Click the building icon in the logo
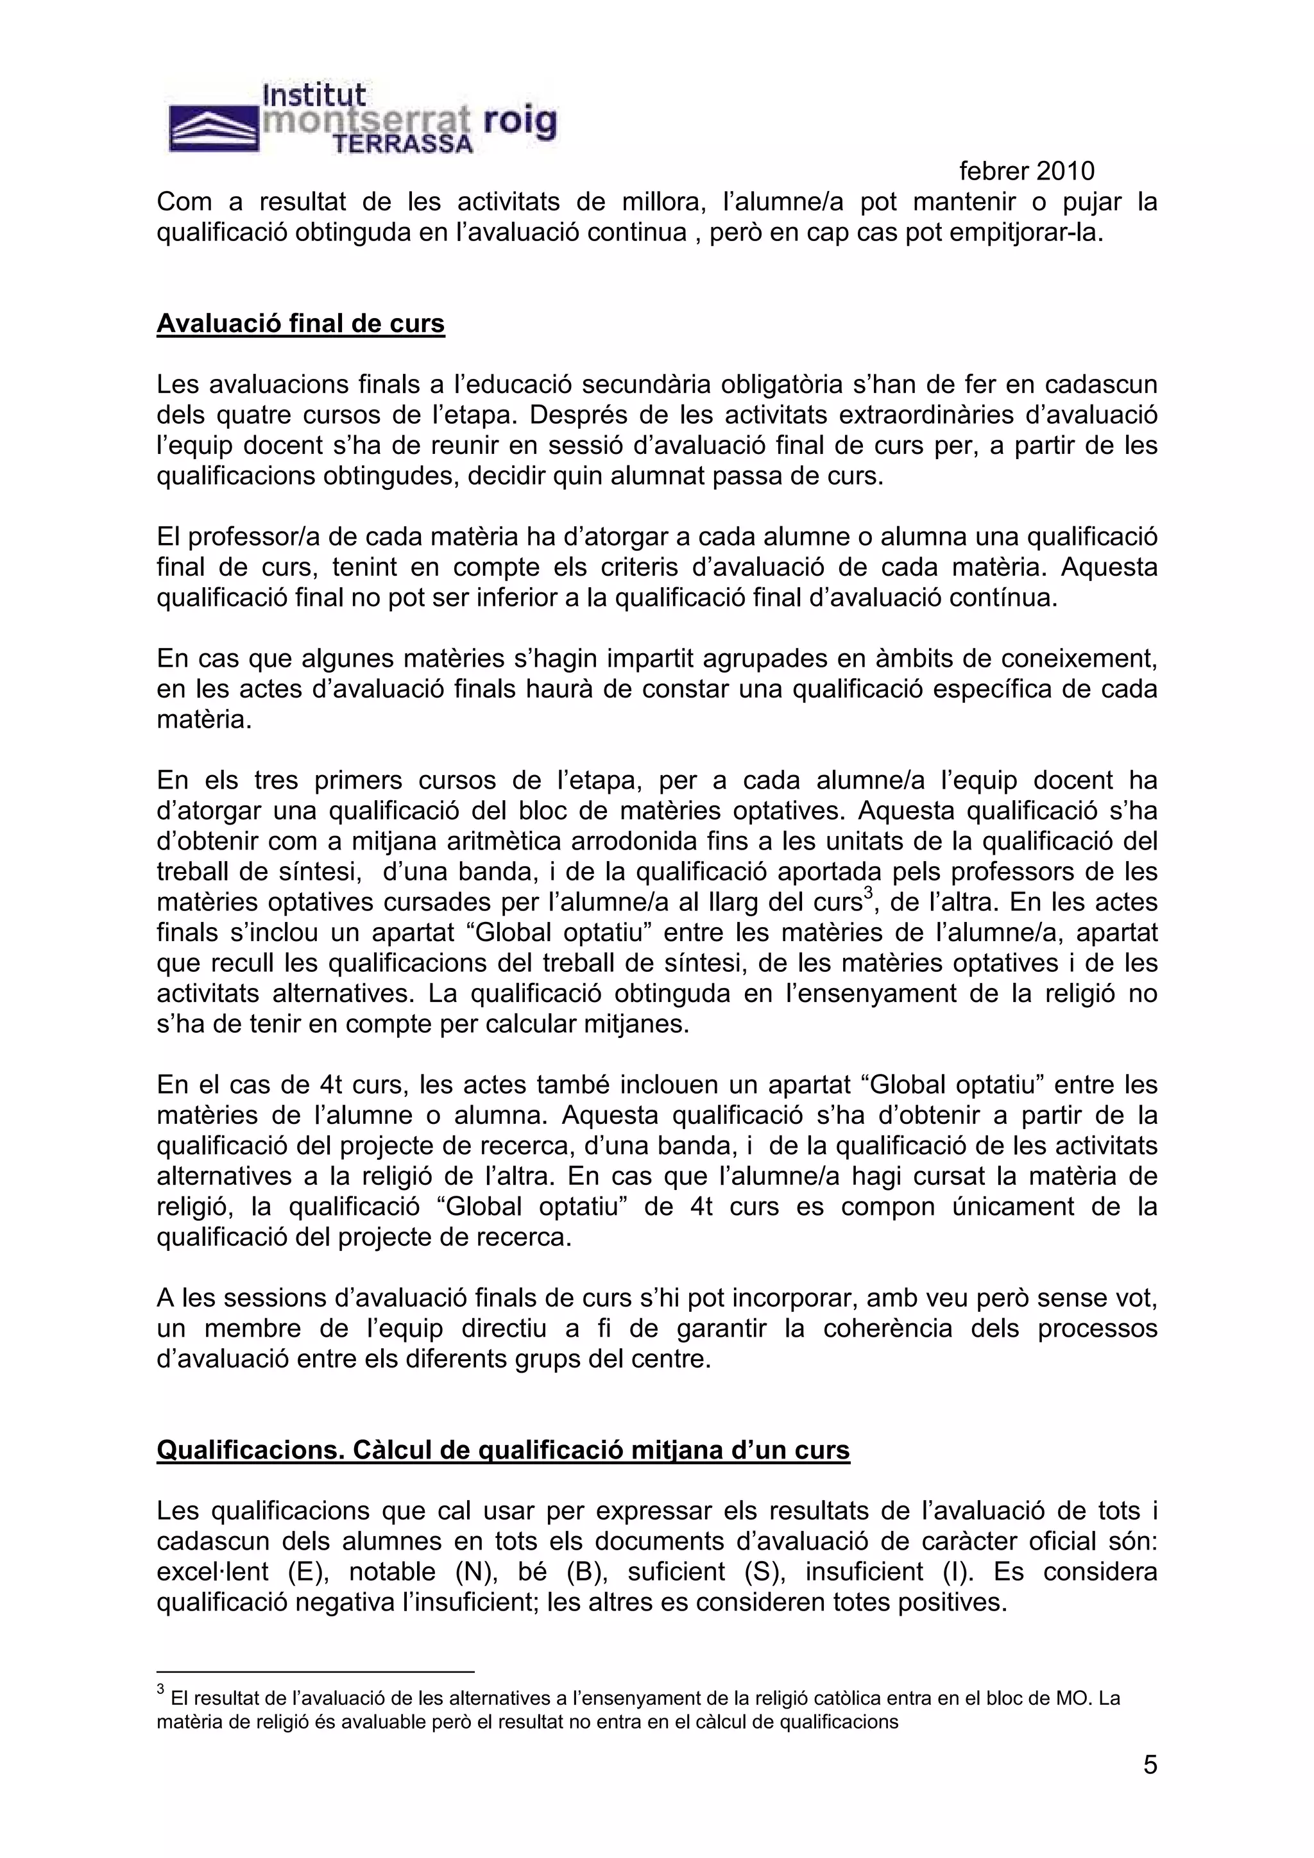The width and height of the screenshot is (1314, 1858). (213, 130)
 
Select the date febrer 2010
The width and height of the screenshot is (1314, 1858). (1027, 171)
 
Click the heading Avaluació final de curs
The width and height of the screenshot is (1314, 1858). (300, 324)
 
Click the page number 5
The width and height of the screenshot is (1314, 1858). (1150, 1765)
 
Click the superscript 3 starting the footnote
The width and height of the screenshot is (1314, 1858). (160, 1691)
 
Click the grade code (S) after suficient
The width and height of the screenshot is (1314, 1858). (760, 1571)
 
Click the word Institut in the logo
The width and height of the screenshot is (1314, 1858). (314, 96)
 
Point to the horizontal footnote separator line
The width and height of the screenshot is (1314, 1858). (315, 1670)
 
